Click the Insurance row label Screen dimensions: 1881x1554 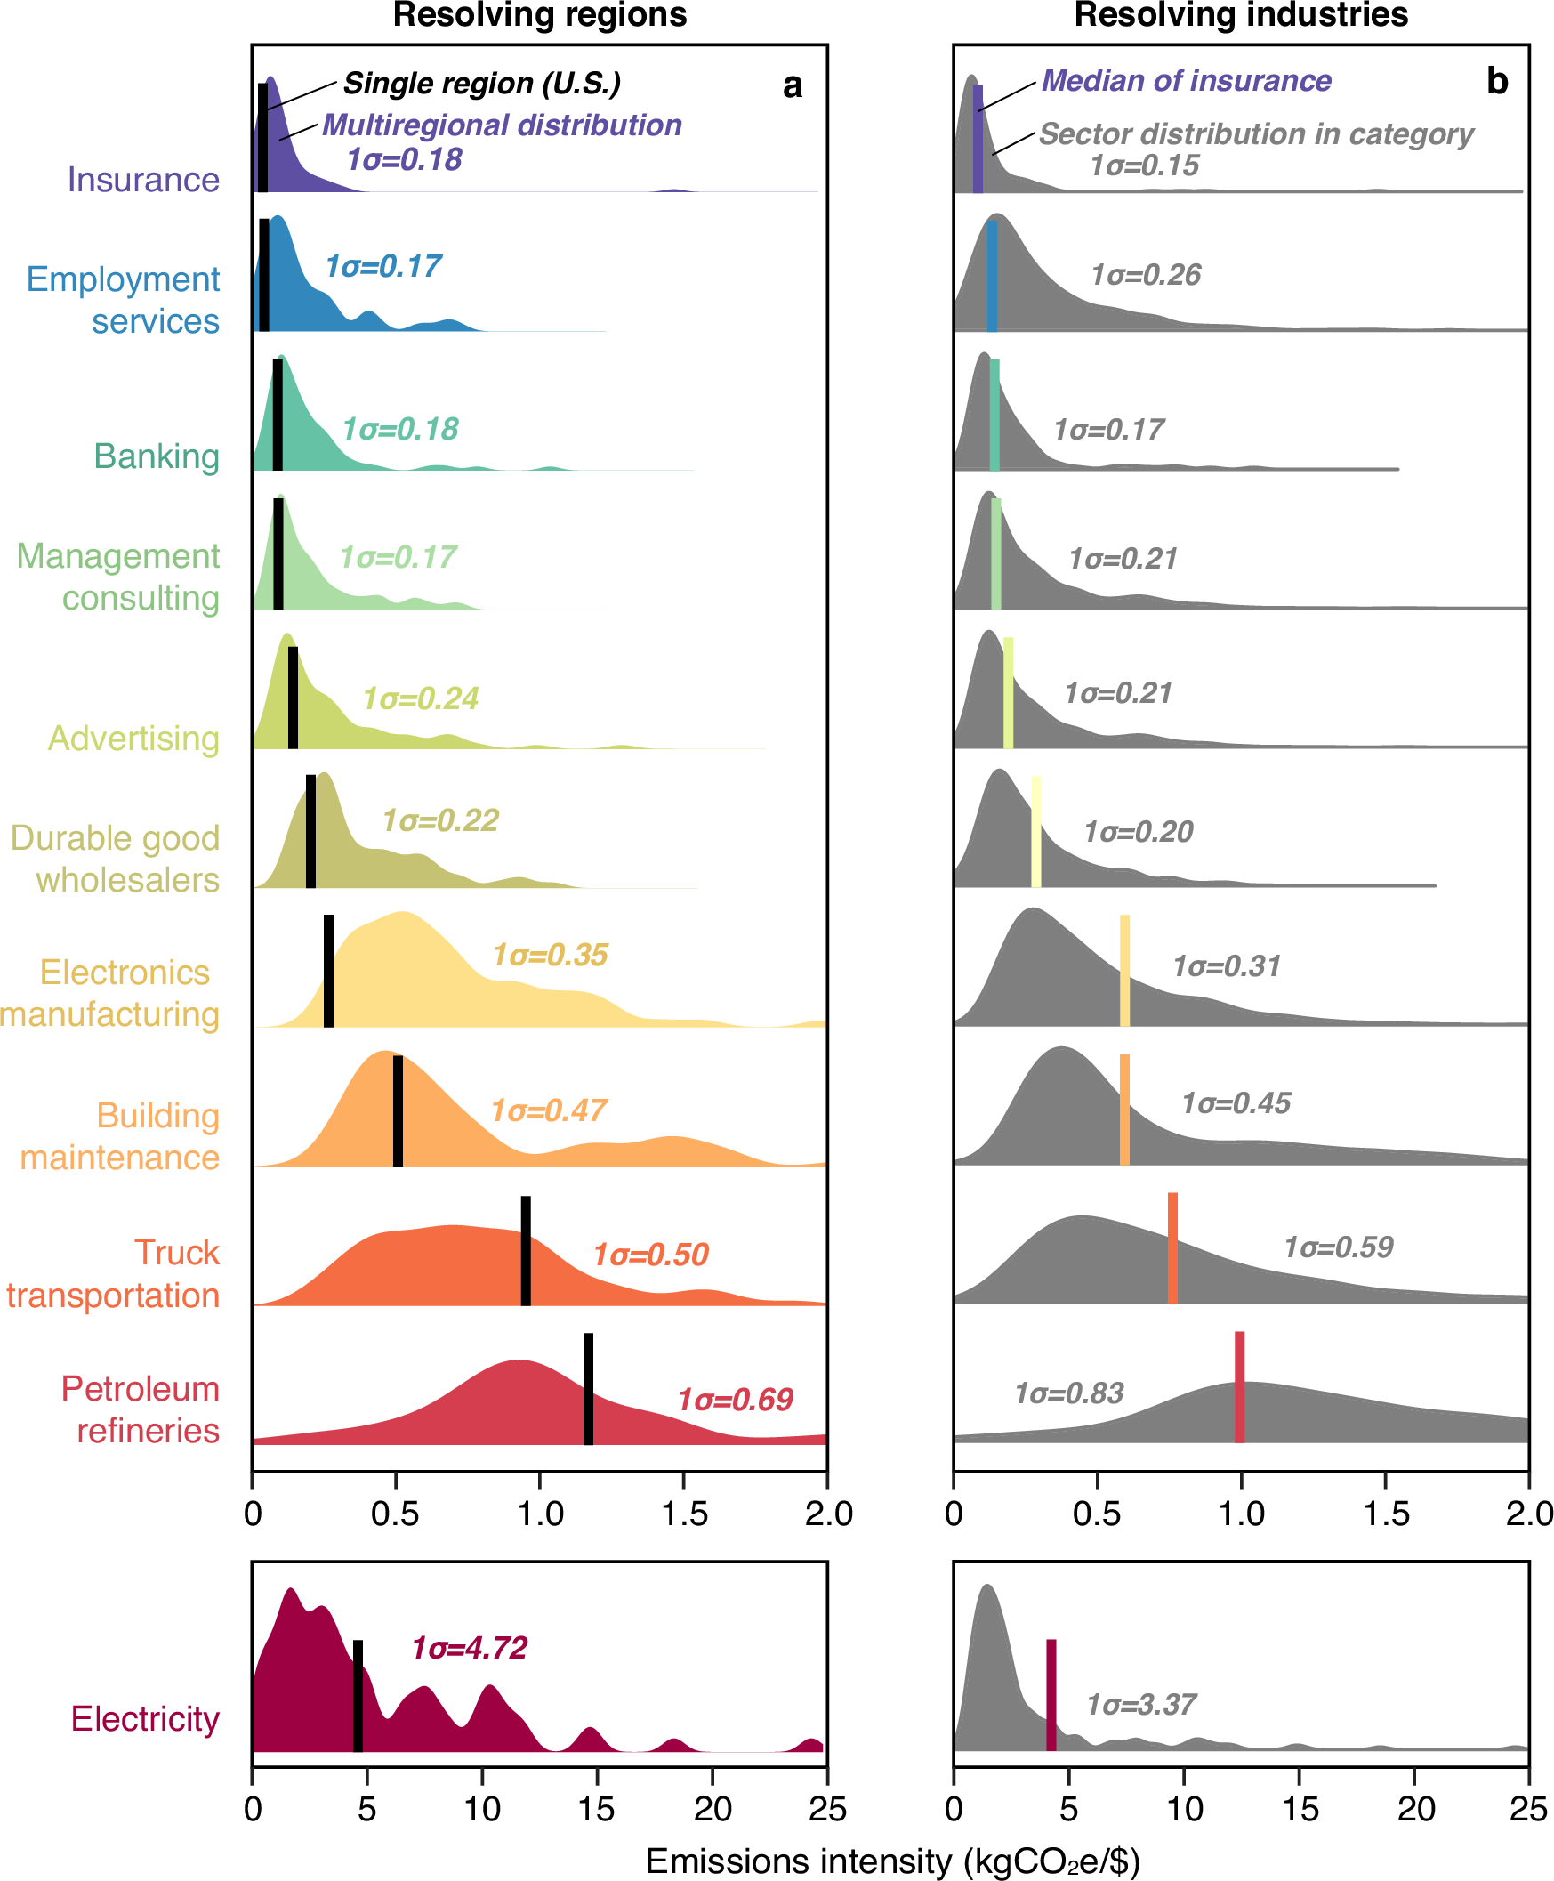pyautogui.click(x=143, y=180)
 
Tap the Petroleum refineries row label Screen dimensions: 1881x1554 pyautogui.click(x=141, y=1409)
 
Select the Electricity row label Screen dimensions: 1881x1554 pyautogui.click(x=145, y=1719)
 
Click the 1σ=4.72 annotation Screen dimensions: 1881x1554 pyautogui.click(x=469, y=1647)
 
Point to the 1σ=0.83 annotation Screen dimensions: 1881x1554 pyautogui.click(x=1069, y=1393)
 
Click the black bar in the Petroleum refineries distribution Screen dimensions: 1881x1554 pyautogui.click(x=588, y=1389)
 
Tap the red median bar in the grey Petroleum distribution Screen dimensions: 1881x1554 pyautogui.click(x=1239, y=1387)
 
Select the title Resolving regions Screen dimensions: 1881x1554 pyautogui.click(x=540, y=15)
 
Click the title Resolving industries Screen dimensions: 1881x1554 pyautogui.click(x=1241, y=15)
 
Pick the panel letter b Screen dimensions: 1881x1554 pyautogui.click(x=1497, y=82)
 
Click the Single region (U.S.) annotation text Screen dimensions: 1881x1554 pyautogui.click(x=481, y=84)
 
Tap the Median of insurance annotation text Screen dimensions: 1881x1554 pyautogui.click(x=1186, y=81)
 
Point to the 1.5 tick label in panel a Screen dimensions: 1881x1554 pyautogui.click(x=685, y=1514)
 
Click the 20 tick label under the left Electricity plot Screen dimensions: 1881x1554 pyautogui.click(x=713, y=1810)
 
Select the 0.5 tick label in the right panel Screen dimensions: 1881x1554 pyautogui.click(x=1097, y=1514)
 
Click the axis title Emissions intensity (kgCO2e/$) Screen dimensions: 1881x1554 pyautogui.click(x=892, y=1861)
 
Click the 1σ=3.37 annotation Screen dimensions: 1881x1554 pyautogui.click(x=1141, y=1705)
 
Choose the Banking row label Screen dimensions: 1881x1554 pyautogui.click(x=157, y=456)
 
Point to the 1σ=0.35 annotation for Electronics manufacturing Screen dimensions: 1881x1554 pyautogui.click(x=550, y=956)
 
